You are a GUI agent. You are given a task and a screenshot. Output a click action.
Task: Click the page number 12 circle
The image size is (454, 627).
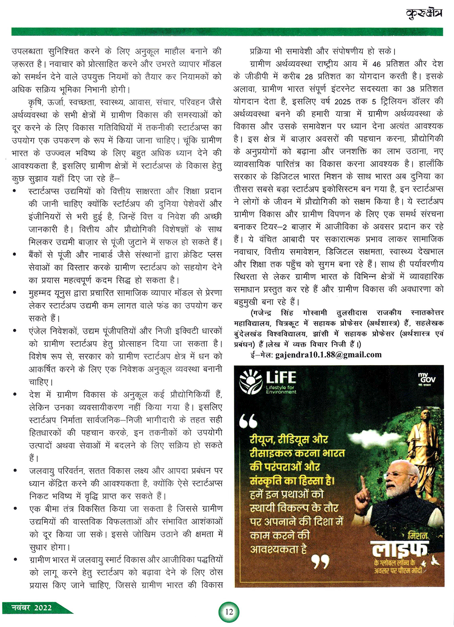(x=229, y=612)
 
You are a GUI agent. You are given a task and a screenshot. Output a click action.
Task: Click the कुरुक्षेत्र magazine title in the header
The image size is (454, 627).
(x=424, y=14)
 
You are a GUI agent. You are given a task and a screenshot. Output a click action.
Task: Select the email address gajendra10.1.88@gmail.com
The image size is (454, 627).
(x=329, y=355)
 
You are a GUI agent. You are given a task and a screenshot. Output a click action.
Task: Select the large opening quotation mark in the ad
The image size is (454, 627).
(x=248, y=421)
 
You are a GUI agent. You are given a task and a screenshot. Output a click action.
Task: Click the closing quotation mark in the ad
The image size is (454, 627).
(x=320, y=563)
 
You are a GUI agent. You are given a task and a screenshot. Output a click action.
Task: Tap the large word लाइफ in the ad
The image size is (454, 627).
(x=400, y=550)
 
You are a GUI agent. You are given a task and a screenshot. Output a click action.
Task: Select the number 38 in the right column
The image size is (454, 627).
(x=410, y=89)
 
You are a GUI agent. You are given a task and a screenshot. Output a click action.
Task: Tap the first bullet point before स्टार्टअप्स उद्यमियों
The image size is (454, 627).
(x=16, y=191)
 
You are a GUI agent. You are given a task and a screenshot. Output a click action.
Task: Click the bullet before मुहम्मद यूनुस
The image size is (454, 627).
(x=16, y=293)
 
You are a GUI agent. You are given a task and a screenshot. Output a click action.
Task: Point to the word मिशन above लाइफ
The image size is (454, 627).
(x=418, y=535)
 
